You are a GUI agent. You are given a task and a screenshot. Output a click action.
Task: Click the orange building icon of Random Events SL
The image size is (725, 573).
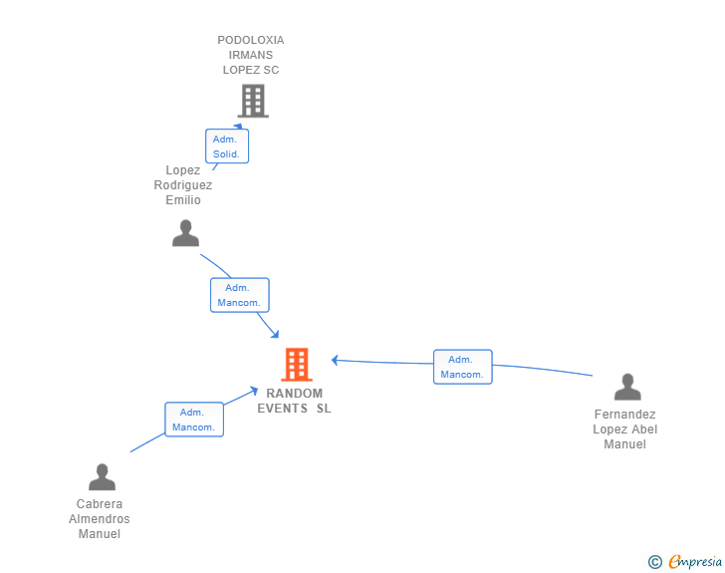tap(297, 365)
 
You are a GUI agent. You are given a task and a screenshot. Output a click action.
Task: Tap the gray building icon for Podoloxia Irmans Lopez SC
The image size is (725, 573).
tap(253, 100)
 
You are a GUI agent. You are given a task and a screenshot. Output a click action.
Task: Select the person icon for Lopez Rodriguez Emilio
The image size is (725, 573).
tap(185, 233)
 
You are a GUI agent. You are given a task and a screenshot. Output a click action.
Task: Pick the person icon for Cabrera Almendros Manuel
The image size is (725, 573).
tap(102, 477)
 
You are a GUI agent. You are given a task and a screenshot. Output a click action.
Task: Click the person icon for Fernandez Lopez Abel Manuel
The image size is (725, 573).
tap(627, 387)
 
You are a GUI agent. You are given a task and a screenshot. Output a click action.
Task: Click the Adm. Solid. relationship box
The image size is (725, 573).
tap(227, 146)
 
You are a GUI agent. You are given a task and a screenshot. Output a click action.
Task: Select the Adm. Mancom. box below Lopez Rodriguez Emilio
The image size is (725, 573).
tap(239, 295)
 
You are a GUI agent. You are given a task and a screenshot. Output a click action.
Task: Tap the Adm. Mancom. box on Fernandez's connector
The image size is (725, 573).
tap(462, 367)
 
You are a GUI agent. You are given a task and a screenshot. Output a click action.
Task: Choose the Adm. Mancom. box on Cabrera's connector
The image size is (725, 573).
tap(193, 420)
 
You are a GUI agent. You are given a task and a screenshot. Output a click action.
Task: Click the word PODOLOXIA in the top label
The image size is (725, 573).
tap(251, 40)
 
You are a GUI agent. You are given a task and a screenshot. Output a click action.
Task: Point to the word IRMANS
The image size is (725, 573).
tap(251, 55)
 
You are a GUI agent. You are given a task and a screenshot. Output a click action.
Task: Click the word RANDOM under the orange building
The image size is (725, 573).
tap(295, 394)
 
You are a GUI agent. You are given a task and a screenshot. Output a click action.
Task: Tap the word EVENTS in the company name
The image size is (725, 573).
tap(283, 409)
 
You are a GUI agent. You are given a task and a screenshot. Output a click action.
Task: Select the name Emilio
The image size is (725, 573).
tap(183, 200)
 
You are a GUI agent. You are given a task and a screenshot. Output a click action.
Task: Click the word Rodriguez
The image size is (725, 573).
tap(183, 185)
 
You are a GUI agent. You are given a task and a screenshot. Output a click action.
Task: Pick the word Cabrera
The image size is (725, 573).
tap(100, 504)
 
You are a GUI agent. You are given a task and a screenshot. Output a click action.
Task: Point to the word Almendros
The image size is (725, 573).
tap(100, 519)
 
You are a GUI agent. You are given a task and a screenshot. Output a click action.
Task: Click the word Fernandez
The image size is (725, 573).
tap(625, 415)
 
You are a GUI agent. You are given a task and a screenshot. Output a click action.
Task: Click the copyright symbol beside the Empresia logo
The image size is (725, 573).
tap(655, 562)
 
